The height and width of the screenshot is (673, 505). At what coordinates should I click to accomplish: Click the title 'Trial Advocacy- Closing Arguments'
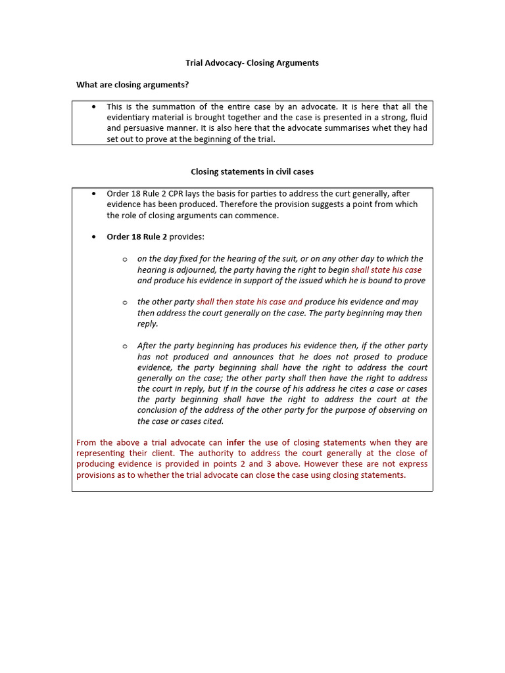(x=252, y=63)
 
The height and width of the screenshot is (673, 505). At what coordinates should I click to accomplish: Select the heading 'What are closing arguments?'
(x=133, y=84)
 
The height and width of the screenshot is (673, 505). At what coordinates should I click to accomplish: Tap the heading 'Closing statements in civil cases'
(x=252, y=172)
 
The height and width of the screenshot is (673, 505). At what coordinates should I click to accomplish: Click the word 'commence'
(x=260, y=215)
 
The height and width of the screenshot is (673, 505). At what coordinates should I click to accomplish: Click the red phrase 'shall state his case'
(x=387, y=269)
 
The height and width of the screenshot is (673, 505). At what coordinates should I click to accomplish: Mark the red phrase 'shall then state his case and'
(x=249, y=302)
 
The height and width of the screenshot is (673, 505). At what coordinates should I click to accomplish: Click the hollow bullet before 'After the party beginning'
(x=124, y=346)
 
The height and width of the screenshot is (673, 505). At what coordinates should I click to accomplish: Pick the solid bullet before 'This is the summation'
(x=94, y=106)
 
